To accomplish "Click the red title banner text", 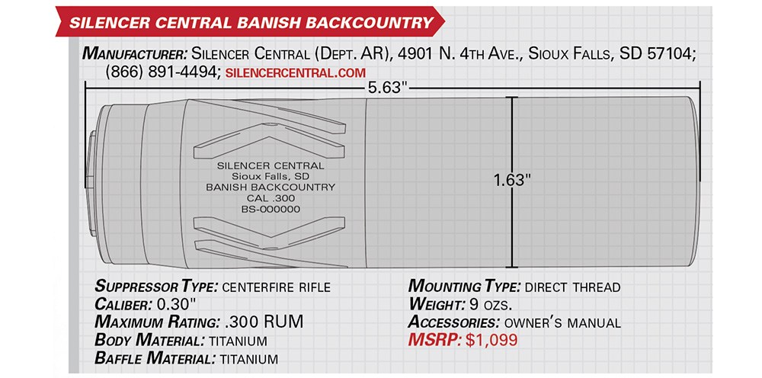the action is (x=250, y=22).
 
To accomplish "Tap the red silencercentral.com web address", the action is (x=296, y=73).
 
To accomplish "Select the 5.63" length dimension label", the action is (x=387, y=88).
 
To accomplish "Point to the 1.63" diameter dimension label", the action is (x=512, y=181).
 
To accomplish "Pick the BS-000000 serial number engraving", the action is (x=271, y=210).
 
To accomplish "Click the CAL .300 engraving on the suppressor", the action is (x=271, y=198).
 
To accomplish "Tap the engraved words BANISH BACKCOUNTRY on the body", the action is (x=271, y=187).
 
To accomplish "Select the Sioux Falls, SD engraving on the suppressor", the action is (x=271, y=176).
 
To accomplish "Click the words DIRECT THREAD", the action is (x=572, y=287).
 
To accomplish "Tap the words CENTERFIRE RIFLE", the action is (x=276, y=287).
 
